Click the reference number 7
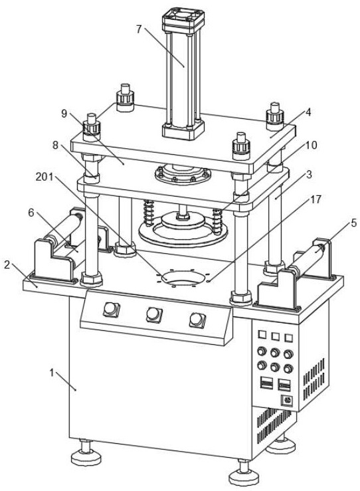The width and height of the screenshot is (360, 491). (139, 29)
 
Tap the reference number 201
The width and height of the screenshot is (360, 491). (44, 177)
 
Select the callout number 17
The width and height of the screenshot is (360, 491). (315, 199)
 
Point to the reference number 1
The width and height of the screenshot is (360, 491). (52, 373)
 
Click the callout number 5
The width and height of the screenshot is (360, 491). (353, 223)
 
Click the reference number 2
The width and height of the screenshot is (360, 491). (7, 265)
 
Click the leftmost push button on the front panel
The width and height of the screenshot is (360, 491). (111, 310)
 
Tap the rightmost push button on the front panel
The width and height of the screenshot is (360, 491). (197, 320)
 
